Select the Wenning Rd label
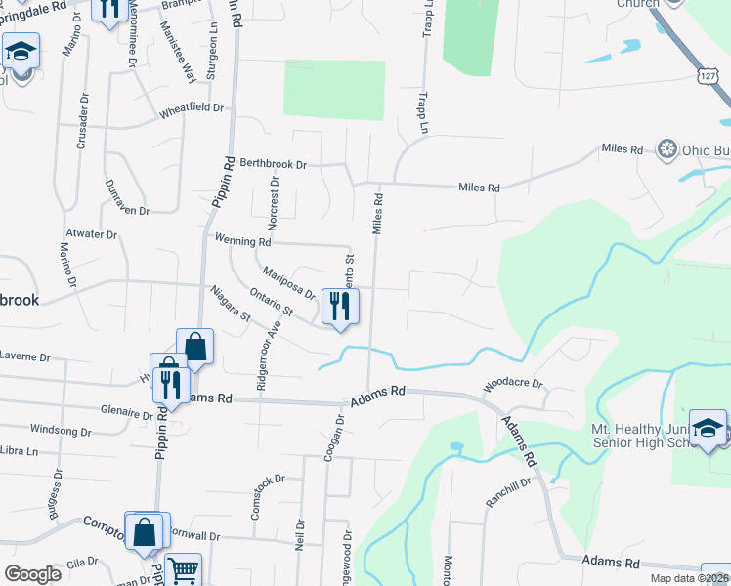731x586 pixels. tap(242, 240)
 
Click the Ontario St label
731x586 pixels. tap(273, 304)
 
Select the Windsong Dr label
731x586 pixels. tap(61, 430)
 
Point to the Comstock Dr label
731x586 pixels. tap(267, 479)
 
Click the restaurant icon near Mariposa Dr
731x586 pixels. tap(339, 307)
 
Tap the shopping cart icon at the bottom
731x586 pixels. tap(183, 570)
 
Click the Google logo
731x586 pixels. tap(32, 574)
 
